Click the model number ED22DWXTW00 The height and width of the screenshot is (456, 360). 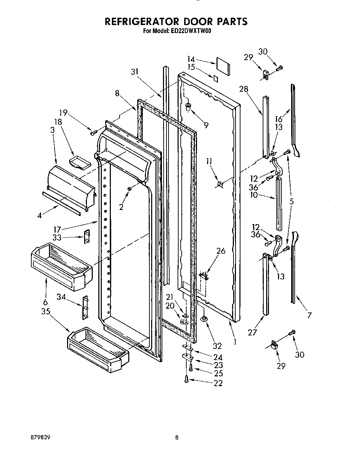tap(191, 31)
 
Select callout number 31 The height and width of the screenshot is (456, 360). tap(135, 72)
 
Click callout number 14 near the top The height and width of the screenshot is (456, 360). tap(191, 59)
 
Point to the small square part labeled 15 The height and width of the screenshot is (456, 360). tap(216, 79)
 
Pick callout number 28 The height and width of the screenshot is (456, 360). tap(244, 89)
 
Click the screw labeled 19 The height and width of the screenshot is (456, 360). tap(93, 132)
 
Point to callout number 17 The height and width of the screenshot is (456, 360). tap(57, 229)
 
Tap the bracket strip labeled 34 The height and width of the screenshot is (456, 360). tap(85, 307)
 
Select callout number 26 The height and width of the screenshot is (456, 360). tap(221, 251)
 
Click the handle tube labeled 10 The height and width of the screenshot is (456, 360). tap(280, 203)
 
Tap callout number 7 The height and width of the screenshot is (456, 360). tap(309, 315)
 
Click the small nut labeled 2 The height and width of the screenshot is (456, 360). tap(130, 189)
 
